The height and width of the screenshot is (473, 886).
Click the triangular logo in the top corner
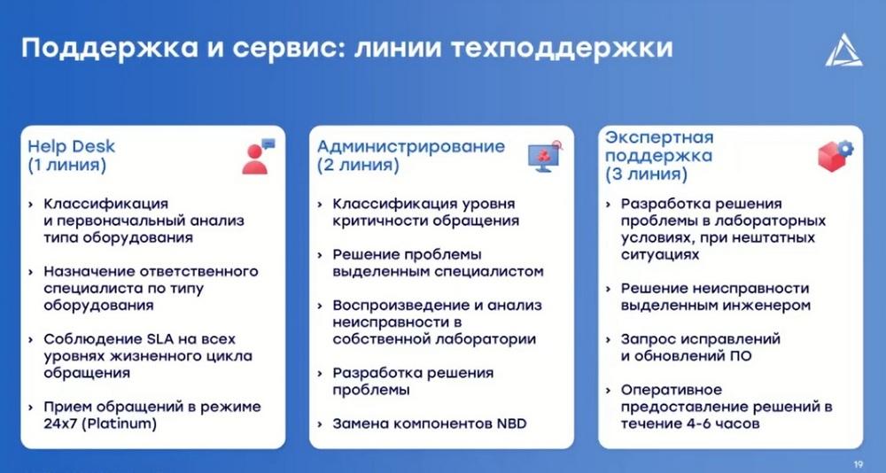[x=843, y=50]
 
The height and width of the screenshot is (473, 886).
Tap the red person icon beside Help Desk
[x=258, y=156]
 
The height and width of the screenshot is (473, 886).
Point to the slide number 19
[x=859, y=464]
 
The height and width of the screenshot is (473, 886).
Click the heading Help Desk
[x=71, y=146]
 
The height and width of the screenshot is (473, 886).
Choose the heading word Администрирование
[x=411, y=146]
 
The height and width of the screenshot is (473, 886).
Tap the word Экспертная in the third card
[x=659, y=136]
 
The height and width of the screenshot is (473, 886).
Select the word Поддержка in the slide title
[x=110, y=49]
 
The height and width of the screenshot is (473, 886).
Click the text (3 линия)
[x=647, y=174]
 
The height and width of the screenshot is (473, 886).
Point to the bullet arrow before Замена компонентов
[x=321, y=423]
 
